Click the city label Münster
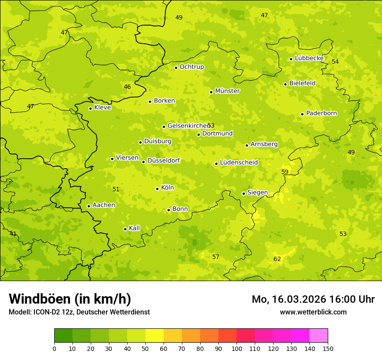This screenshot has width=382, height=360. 227,91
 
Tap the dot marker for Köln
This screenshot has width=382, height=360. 157,189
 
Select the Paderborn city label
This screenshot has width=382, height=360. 321,113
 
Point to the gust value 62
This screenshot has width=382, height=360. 277,259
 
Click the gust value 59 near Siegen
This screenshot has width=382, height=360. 285,172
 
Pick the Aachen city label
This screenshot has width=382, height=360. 104,205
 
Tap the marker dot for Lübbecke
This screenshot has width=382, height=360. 291,59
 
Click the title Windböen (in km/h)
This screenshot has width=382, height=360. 70,299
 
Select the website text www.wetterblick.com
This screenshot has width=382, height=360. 313,312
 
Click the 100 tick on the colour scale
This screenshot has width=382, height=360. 237,348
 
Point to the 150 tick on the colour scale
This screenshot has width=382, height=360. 328,348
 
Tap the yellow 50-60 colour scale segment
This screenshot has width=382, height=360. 155,336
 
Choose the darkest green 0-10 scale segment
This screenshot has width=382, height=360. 63,336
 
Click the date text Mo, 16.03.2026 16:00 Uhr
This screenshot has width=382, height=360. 313,299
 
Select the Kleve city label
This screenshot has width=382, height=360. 102,108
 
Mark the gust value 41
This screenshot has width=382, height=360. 13,234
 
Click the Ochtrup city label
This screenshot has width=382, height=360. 191,67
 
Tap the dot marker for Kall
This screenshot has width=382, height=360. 125,229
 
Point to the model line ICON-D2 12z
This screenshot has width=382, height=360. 79,312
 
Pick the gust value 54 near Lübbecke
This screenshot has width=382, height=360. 335,62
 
